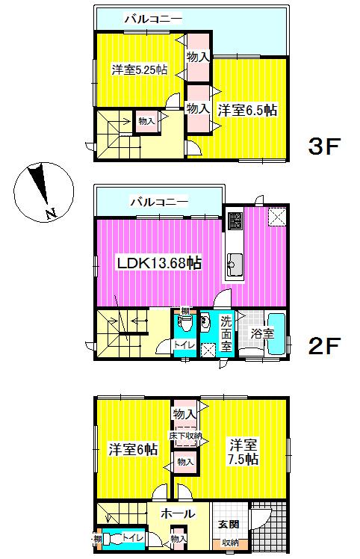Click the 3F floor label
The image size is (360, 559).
(324, 146)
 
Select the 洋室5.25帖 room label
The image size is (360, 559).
(139, 70)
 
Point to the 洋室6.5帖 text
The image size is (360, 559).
(248, 110)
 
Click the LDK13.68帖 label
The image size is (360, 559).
(158, 262)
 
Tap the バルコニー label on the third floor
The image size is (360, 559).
(152, 17)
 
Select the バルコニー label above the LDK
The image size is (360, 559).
(160, 201)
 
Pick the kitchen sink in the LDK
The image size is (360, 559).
(234, 263)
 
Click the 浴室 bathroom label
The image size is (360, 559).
(261, 333)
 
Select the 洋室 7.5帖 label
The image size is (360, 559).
(243, 451)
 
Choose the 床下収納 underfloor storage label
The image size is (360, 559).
(185, 435)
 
